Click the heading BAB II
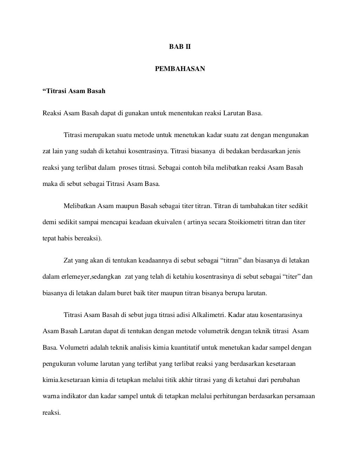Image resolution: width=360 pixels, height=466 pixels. point(180,47)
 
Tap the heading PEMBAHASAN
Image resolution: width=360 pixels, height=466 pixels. point(180,69)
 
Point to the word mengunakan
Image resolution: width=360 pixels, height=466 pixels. point(291,135)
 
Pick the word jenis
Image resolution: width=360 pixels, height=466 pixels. point(293,151)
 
